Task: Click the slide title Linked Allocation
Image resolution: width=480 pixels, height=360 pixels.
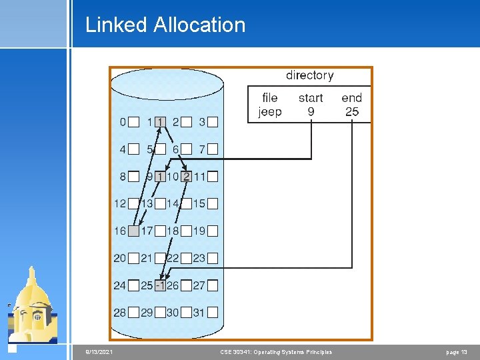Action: tap(165, 25)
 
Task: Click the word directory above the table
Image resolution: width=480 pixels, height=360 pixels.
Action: tap(309, 75)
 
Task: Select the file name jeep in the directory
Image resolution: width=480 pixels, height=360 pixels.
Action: tap(269, 112)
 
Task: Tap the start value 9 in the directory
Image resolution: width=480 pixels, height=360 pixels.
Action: tap(311, 112)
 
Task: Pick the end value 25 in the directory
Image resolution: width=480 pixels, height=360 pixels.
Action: tap(352, 112)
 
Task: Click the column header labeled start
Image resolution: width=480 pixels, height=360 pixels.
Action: tap(311, 98)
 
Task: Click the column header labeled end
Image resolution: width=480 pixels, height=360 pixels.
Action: tap(352, 98)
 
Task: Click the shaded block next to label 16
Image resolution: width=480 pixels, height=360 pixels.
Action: tap(133, 231)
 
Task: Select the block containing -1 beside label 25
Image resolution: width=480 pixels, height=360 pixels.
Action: tap(160, 285)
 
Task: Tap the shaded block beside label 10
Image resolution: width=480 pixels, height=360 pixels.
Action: tap(186, 177)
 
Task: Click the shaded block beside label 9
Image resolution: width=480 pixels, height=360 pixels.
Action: tap(160, 177)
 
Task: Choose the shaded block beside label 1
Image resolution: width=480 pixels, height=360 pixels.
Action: tap(160, 122)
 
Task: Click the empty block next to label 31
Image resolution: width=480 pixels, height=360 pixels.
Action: tap(213, 313)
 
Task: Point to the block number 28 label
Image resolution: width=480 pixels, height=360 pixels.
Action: tap(119, 313)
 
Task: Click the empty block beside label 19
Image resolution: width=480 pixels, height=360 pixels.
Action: tap(213, 231)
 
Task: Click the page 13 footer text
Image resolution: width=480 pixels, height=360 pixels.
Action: tap(457, 352)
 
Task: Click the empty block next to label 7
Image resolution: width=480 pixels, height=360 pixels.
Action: tap(213, 149)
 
